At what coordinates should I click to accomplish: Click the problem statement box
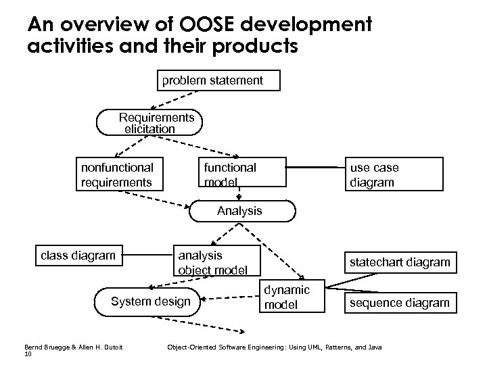[212, 81]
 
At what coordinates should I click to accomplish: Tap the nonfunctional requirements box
[117, 174]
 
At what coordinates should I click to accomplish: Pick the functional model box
[230, 174]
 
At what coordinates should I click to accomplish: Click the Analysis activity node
[239, 211]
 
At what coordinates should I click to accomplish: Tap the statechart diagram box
[398, 262]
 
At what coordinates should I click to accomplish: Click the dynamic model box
[287, 297]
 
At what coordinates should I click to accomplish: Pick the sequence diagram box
[398, 303]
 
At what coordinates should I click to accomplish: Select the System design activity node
[150, 301]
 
